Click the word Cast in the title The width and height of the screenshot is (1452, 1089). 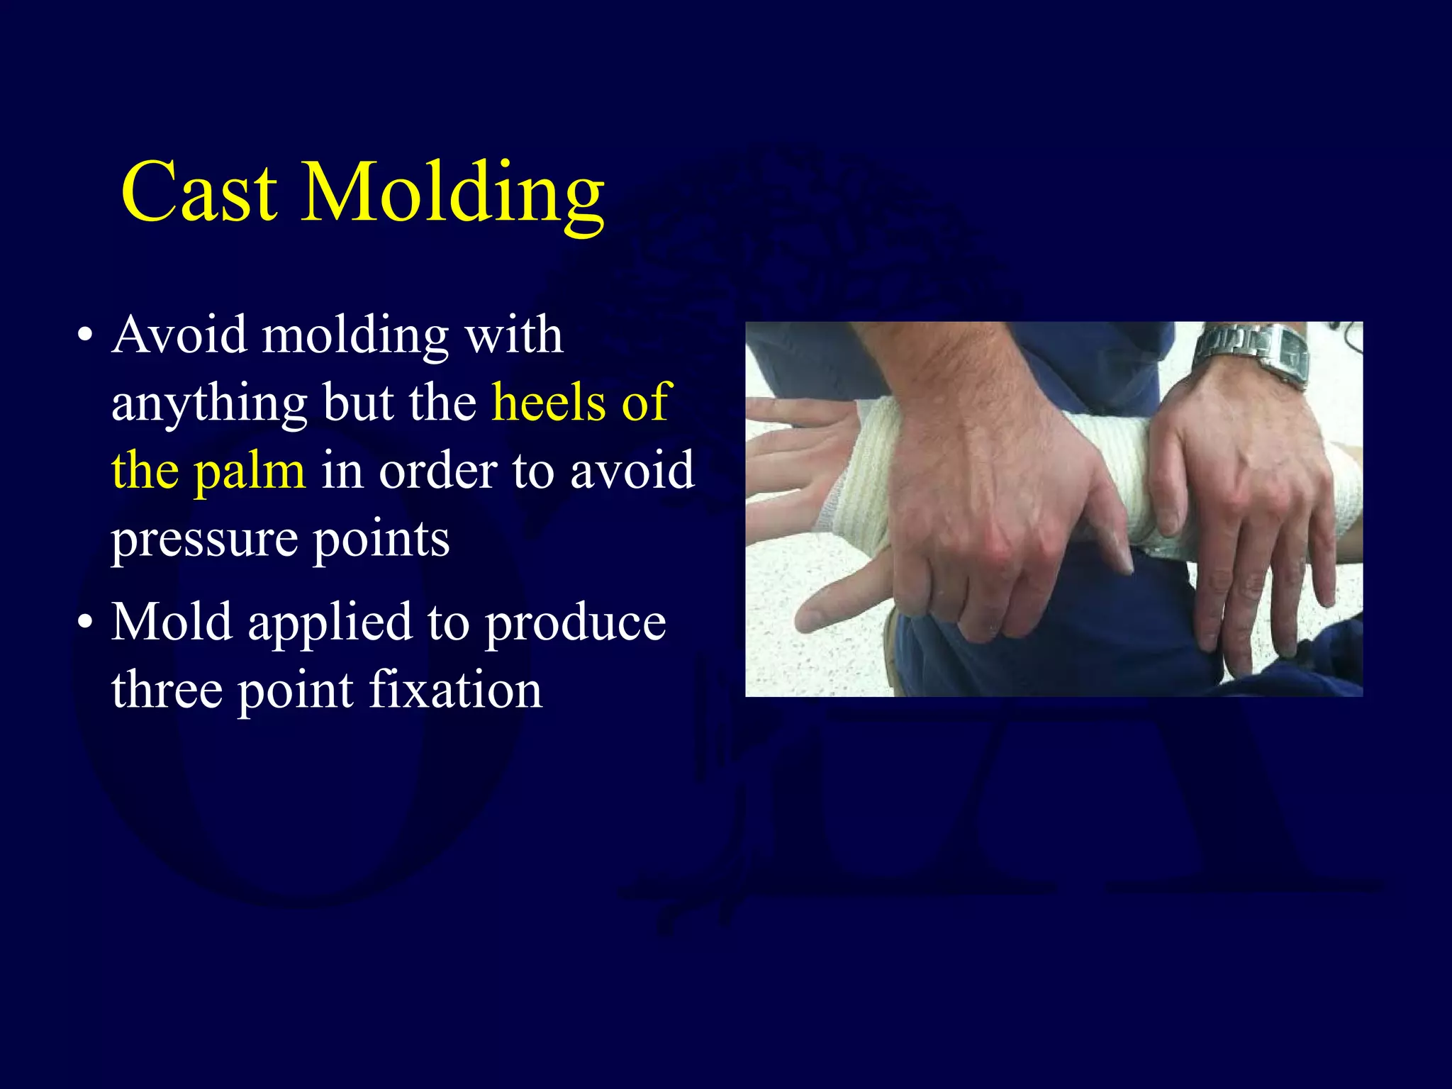pyautogui.click(x=199, y=192)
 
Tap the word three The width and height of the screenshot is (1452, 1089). pyautogui.click(x=167, y=689)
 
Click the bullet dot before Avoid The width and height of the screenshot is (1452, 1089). pyautogui.click(x=85, y=336)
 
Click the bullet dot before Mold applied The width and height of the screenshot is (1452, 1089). pyautogui.click(x=85, y=623)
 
